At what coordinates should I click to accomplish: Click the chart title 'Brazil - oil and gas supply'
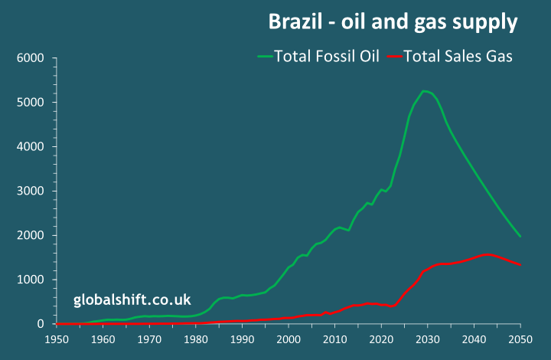(x=393, y=22)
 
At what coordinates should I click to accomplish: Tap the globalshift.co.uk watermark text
(x=132, y=299)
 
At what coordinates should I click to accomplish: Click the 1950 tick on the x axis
(x=57, y=338)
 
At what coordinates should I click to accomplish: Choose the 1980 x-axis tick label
(x=196, y=338)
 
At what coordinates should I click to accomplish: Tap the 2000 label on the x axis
(x=289, y=338)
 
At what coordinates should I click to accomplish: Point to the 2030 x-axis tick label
(x=428, y=338)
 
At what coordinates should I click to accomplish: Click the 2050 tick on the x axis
(x=520, y=338)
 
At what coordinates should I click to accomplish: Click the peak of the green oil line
(x=424, y=91)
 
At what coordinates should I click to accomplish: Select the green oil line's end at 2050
(x=520, y=237)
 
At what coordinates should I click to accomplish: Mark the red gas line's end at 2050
(x=520, y=265)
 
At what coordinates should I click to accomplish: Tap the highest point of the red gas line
(x=487, y=254)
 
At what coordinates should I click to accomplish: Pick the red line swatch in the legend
(x=395, y=56)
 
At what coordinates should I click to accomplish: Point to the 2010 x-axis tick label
(x=335, y=338)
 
